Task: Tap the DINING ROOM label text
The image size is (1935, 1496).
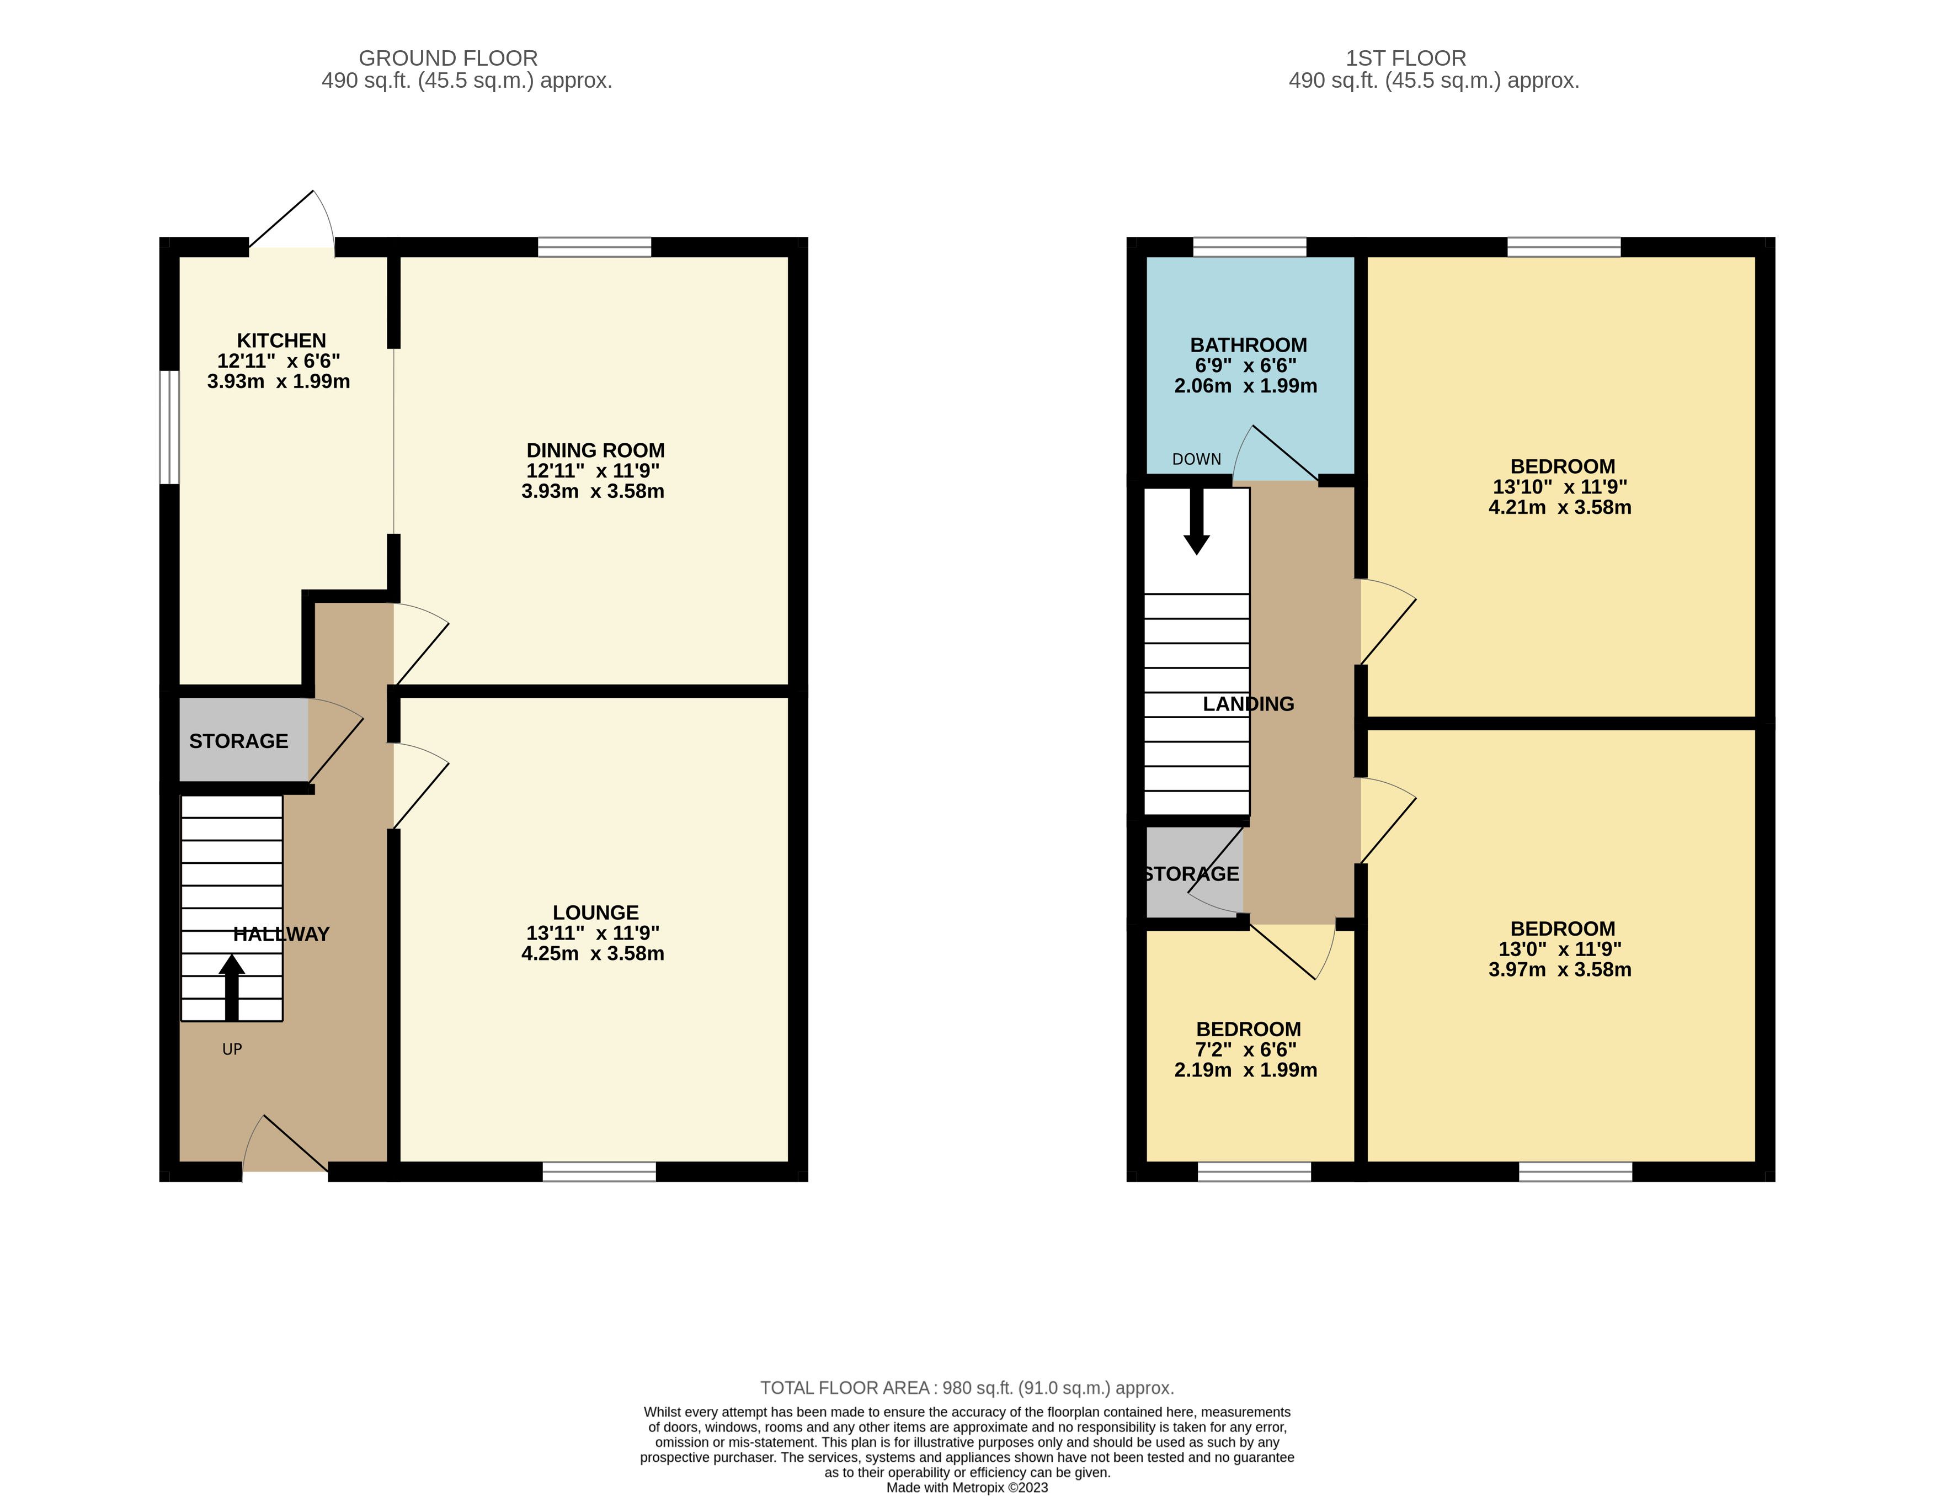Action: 595,450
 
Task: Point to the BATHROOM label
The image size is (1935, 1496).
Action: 1249,346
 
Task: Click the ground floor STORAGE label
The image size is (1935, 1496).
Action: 238,741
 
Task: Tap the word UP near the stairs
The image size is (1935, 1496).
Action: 232,1049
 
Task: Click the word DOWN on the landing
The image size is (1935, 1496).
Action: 1196,459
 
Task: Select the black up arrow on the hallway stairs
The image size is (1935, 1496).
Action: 232,987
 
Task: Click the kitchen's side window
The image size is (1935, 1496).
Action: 169,427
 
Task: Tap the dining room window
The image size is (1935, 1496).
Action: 594,247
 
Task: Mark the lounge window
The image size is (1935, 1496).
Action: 600,1171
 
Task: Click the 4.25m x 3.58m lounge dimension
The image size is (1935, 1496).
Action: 593,953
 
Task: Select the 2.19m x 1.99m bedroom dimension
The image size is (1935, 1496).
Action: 1246,1070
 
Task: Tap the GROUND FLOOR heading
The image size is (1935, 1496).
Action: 449,59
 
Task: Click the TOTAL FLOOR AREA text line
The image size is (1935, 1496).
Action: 968,1388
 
